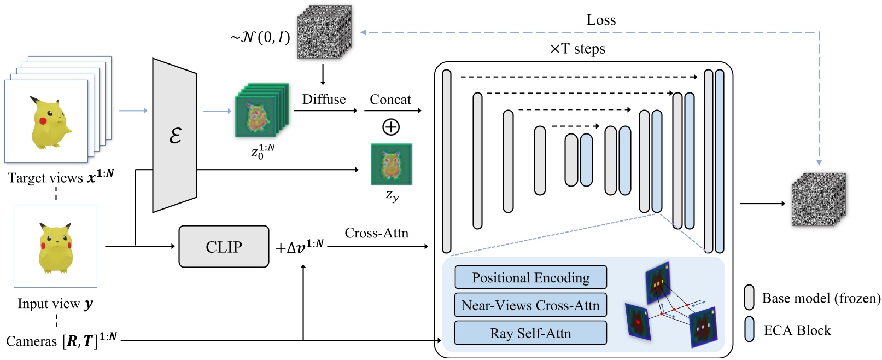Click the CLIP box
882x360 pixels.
224,247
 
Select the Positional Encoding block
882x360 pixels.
530,277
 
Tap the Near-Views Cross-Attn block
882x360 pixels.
530,305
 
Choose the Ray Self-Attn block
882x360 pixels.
530,333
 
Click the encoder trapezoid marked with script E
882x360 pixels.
174,135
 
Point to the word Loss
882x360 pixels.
601,20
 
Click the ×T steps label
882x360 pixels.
577,49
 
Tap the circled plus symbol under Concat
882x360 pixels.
390,127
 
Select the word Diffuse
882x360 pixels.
324,100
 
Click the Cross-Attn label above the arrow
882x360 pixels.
376,233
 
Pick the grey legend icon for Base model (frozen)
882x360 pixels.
749,298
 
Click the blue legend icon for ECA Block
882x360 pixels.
749,329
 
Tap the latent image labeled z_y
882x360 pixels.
391,164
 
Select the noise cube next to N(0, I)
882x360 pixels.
323,32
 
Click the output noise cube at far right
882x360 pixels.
818,200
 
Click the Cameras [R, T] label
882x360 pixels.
61,340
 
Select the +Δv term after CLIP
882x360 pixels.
300,247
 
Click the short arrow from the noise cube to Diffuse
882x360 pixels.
323,74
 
